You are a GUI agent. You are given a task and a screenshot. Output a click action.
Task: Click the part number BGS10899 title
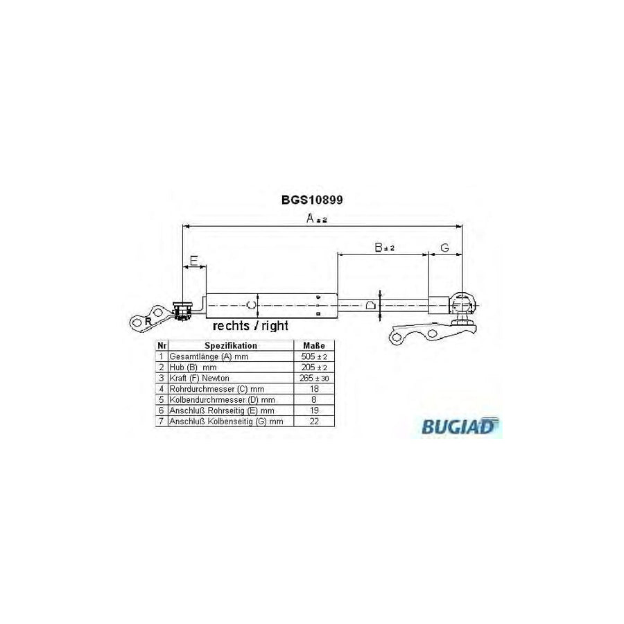tap(312, 200)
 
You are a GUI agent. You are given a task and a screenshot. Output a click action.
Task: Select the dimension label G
tap(445, 248)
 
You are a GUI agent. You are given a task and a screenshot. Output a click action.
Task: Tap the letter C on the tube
tap(252, 304)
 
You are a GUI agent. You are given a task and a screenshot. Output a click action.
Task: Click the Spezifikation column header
tap(230, 345)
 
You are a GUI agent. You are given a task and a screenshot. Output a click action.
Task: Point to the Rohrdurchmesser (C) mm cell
tap(208, 388)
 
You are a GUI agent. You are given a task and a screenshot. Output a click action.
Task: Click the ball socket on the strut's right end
tap(462, 303)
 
